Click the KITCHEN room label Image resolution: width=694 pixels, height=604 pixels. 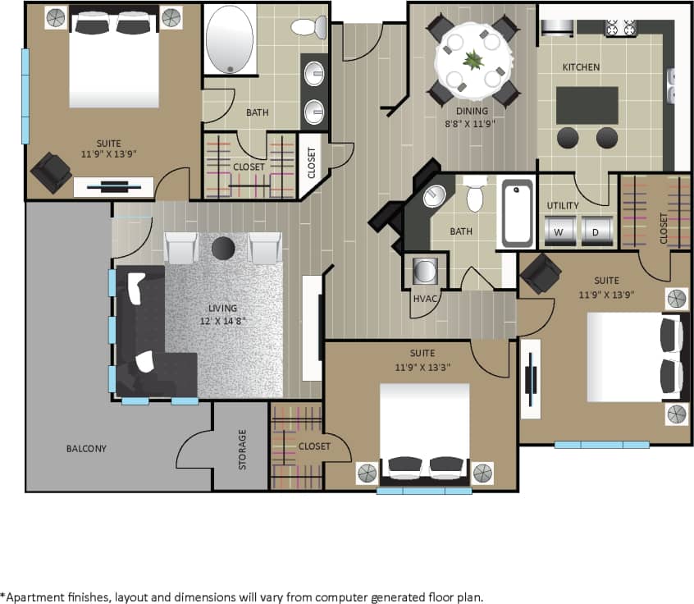pos(580,66)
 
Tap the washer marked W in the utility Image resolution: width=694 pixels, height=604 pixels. pos(559,231)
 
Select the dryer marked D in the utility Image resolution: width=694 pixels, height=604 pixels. pos(597,231)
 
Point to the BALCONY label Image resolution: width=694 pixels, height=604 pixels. pos(86,449)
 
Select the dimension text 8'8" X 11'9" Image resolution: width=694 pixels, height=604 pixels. pos(472,124)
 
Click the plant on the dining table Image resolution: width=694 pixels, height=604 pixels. pos(473,59)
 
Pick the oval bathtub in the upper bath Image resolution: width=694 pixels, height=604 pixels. pos(231,39)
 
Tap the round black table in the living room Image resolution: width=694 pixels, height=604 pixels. pos(223,247)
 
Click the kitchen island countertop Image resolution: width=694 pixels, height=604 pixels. pos(587,105)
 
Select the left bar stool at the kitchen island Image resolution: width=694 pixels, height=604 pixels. pos(568,138)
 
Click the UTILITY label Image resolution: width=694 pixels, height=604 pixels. pos(563,205)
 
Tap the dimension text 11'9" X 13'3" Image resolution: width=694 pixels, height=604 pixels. pos(422,366)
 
